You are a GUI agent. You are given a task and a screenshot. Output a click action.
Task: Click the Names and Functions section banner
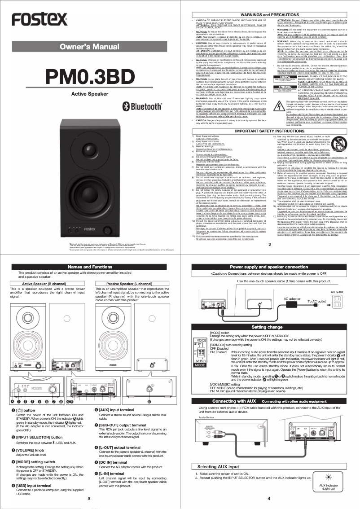pyautogui.click(x=90, y=267)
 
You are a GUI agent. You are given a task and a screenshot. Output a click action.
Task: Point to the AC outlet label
pyautogui.click(x=337, y=292)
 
